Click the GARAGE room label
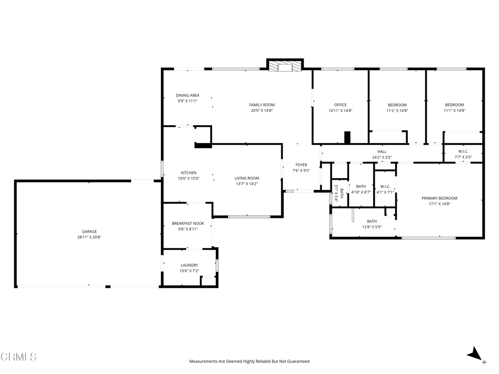click(89, 231)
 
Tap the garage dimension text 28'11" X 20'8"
click(89, 237)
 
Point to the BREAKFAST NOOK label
click(188, 224)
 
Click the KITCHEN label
click(189, 173)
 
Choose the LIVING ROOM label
click(247, 178)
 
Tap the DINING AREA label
click(188, 95)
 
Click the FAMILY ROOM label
click(262, 105)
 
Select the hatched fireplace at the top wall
click(286, 66)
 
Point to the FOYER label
click(301, 165)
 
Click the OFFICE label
click(340, 105)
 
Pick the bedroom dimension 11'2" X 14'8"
click(397, 111)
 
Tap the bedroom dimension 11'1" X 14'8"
click(454, 111)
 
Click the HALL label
click(382, 151)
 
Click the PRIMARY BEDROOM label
click(440, 198)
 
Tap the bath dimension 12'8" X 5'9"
click(372, 227)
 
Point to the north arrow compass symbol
click(476, 355)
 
